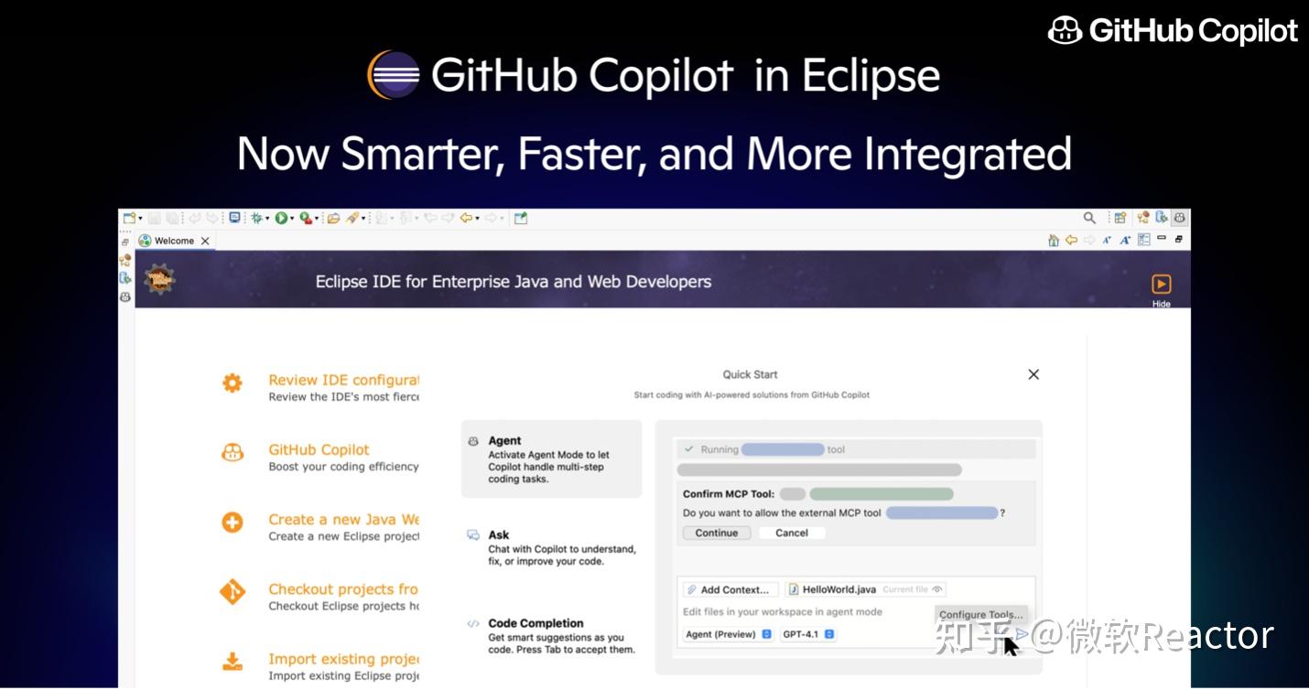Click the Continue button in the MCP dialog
pyautogui.click(x=717, y=533)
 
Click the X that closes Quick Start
pyautogui.click(x=1033, y=374)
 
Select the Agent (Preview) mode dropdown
pyautogui.click(x=729, y=634)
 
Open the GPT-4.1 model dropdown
pyautogui.click(x=808, y=634)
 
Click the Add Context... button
pyautogui.click(x=731, y=589)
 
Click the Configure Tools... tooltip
pyautogui.click(x=980, y=615)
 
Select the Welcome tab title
pyautogui.click(x=174, y=241)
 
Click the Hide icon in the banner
pyautogui.click(x=1161, y=285)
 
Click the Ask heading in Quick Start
pyautogui.click(x=499, y=535)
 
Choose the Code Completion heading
pyautogui.click(x=535, y=623)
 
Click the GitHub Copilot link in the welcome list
pyautogui.click(x=319, y=449)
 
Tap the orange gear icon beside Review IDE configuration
pyautogui.click(x=233, y=383)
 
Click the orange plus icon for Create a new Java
pyautogui.click(x=233, y=523)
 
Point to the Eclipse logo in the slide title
pyautogui.click(x=394, y=75)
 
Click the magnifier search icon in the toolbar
pyautogui.click(x=1089, y=218)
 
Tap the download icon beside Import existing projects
pyautogui.click(x=233, y=662)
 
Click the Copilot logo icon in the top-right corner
pyautogui.click(x=1065, y=30)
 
